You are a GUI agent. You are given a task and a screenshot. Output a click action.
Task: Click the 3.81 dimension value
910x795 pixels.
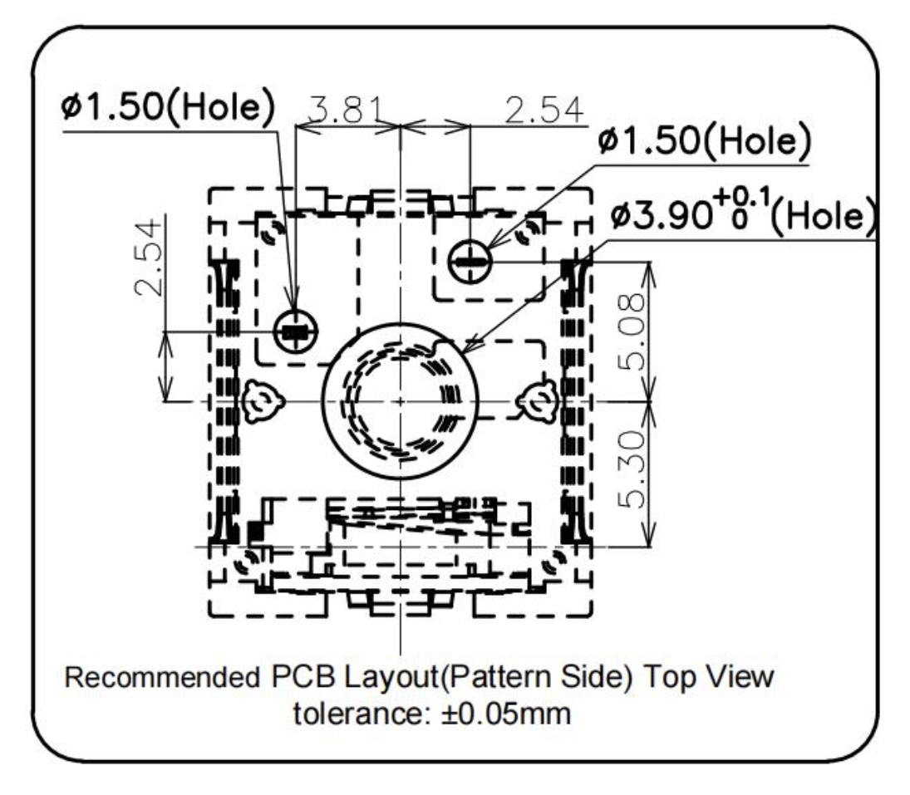347,110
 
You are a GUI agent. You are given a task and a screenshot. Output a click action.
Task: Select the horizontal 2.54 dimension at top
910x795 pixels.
544,110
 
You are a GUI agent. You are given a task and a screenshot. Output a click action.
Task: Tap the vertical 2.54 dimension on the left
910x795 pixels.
148,258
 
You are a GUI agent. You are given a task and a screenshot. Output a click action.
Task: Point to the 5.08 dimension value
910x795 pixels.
631,332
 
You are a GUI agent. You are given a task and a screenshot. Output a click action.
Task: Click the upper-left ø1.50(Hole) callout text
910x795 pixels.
168,107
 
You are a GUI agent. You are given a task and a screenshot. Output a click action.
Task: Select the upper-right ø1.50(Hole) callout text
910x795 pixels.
705,141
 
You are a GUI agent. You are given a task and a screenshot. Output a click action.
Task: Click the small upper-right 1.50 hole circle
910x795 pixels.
470,262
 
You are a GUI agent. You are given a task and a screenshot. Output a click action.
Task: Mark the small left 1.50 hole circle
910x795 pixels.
295,331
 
